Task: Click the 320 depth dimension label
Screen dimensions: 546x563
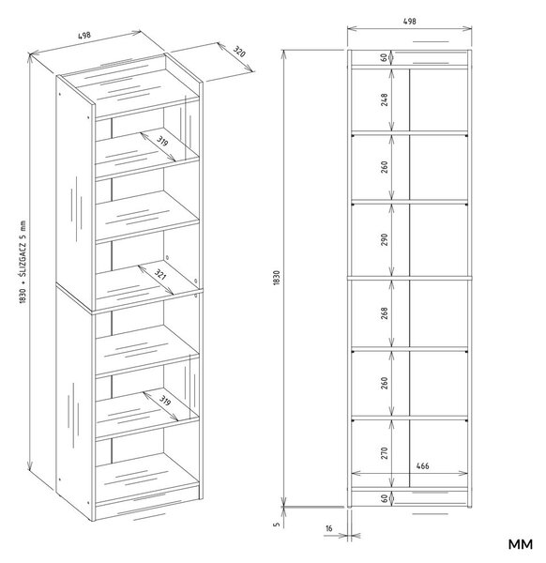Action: point(239,52)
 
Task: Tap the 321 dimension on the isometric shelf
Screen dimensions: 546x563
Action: point(160,275)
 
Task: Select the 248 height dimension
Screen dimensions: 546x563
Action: point(385,99)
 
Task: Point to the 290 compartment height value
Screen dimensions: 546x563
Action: point(385,239)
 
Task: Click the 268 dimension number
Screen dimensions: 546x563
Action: point(385,313)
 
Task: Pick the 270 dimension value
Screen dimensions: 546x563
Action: point(385,453)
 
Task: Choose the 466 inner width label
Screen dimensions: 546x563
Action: point(422,465)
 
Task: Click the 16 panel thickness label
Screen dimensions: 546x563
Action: point(329,528)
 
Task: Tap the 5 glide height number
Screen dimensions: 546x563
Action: point(276,525)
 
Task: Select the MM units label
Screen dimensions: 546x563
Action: point(520,544)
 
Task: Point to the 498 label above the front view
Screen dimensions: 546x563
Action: point(410,22)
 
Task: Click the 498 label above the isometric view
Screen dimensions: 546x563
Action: point(84,36)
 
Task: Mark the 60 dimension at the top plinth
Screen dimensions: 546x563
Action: point(385,57)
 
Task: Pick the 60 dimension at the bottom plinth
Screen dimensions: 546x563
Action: point(385,498)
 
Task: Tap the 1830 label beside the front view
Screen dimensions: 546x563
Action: point(276,278)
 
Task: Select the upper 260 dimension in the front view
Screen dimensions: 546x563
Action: point(385,167)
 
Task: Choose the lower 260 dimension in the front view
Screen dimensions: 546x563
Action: point(385,383)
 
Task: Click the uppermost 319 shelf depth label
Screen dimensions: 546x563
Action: point(162,141)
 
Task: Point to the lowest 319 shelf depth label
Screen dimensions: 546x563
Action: point(164,400)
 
